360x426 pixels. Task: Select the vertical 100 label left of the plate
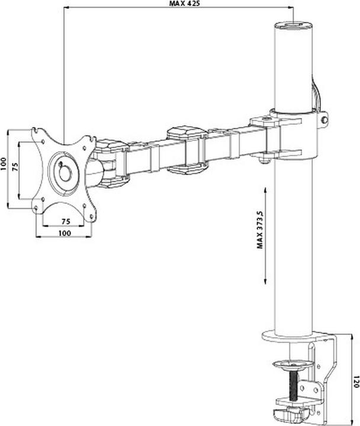4,164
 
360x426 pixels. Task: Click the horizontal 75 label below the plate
65,221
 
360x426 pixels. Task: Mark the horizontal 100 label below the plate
65,233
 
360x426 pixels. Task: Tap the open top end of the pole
292,27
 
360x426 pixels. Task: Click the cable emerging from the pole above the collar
317,95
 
